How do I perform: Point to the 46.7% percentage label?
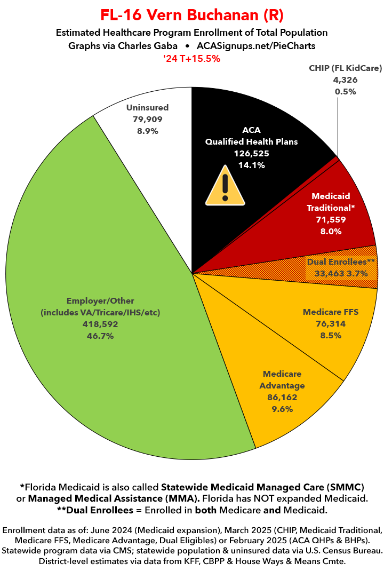100,336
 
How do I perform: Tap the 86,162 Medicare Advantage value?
283,398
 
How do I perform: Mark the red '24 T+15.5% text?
192,59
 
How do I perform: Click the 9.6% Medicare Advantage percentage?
283,409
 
